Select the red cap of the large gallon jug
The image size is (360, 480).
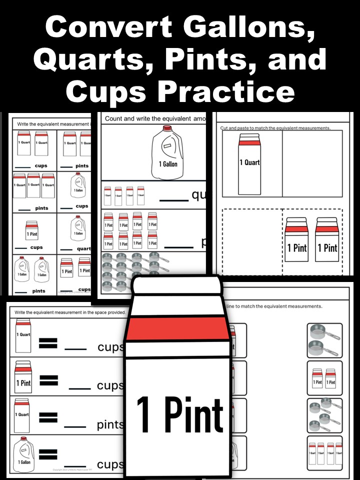pos(165,129)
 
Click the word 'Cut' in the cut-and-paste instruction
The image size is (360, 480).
pos(225,128)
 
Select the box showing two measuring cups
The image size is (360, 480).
pos(324,340)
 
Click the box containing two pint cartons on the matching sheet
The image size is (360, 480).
pos(324,378)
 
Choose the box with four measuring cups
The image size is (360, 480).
pos(324,415)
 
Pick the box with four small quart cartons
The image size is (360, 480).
pos(324,452)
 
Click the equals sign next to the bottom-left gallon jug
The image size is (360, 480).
pos(48,454)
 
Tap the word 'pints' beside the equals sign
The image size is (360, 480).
pos(110,425)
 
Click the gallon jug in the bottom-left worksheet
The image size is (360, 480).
pos(23,452)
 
